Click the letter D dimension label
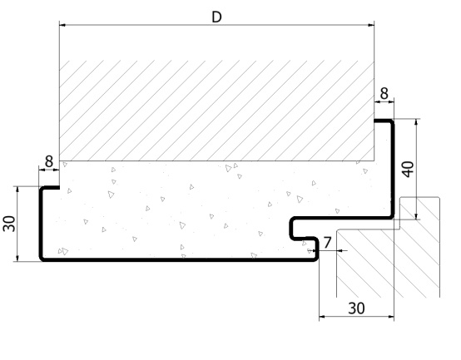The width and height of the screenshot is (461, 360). pos(216,17)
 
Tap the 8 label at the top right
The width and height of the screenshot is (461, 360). pos(384,94)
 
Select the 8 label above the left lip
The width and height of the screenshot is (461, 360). pos(49,161)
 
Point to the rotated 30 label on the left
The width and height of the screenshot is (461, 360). pos(9,224)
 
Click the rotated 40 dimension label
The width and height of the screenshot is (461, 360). pos(408,169)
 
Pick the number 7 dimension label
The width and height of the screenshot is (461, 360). pos(327,243)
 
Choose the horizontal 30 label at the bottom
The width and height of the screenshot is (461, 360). pos(356,308)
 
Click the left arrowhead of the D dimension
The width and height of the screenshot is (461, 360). pos(62,25)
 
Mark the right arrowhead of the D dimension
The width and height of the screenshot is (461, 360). pos(371,25)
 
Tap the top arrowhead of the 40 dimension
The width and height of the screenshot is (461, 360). pos(416,121)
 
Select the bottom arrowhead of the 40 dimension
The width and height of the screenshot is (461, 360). pos(416,217)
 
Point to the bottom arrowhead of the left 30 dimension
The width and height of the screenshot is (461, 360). pos(17,259)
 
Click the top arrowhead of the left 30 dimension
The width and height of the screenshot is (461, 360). pos(17,189)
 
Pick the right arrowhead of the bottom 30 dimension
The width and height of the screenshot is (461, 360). pos(391,317)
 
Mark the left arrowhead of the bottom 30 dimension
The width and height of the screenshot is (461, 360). pos(322,317)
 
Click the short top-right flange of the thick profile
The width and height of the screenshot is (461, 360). pos(383,121)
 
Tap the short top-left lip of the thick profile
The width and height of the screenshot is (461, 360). pos(51,188)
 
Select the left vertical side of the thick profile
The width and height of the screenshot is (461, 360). pos(41,224)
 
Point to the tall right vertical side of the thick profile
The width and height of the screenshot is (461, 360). pos(393,170)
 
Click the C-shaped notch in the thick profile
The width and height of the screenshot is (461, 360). pos(291,229)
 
